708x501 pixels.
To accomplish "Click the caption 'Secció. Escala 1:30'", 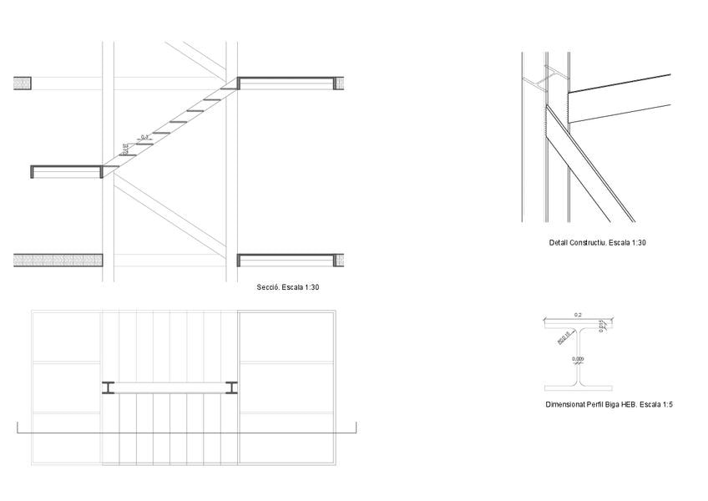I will coord(288,287).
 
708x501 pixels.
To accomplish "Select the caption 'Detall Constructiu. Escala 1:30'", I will coord(598,243).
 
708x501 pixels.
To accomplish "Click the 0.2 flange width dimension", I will coord(578,316).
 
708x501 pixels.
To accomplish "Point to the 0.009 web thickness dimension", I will coord(578,360).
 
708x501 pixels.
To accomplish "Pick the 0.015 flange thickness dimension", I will coord(601,326).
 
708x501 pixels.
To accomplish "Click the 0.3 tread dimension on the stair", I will coord(144,137).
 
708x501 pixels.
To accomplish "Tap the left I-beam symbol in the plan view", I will coord(109,387).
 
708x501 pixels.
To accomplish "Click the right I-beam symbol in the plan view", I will coord(231,387).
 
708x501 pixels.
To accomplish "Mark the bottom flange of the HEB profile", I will coord(578,388).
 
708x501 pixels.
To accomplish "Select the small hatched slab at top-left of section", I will coord(23,83).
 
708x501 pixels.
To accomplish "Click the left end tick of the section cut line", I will coord(18,428).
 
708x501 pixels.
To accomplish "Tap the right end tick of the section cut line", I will coord(357,428).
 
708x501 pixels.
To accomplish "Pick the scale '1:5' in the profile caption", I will coord(666,405).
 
